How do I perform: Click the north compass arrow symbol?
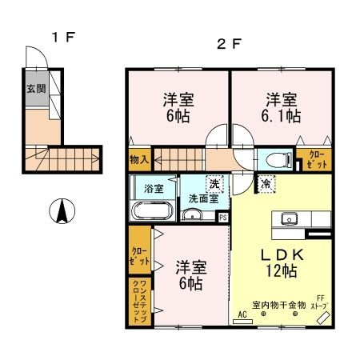tap(60, 212)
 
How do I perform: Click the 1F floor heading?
tap(62, 36)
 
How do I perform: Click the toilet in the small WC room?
tap(270, 158)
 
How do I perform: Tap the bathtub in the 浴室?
tap(150, 212)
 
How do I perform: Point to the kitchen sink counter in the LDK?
tap(289, 218)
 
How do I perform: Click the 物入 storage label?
tap(139, 159)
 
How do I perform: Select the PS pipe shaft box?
tap(222, 216)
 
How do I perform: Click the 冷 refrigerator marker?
tap(265, 184)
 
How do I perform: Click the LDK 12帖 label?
tap(280, 262)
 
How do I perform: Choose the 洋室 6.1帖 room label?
tap(283, 108)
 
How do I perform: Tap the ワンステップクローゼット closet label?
tap(139, 301)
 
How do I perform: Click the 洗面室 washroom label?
tap(203, 198)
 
